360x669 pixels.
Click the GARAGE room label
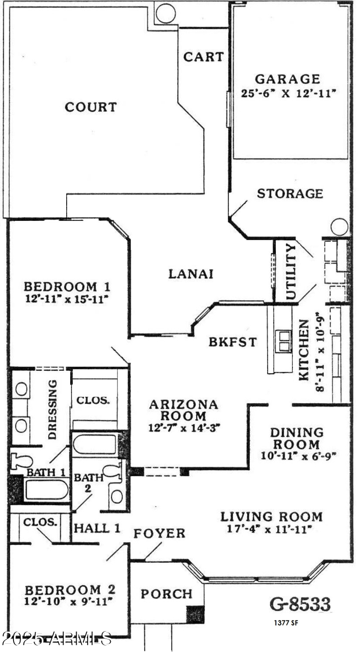(288, 79)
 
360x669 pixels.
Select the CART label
(203, 57)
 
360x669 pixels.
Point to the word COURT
(91, 107)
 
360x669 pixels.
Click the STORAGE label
(290, 193)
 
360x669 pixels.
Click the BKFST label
(233, 342)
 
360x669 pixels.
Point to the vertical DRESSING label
(53, 409)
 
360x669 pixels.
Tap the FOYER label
(159, 534)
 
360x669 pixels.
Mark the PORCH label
(166, 594)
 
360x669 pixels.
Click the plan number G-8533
(300, 603)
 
